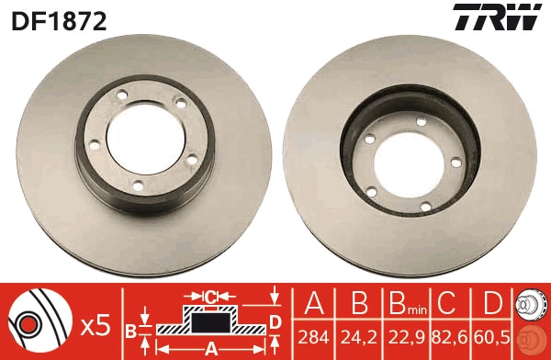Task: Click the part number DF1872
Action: point(59,21)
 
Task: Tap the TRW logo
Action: point(497,17)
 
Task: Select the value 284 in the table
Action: point(313,338)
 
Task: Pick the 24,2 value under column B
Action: point(359,338)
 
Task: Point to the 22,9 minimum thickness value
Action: point(406,338)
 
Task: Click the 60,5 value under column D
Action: point(491,338)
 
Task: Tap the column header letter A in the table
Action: point(314,303)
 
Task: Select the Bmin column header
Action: point(407,303)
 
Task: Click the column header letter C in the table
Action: point(447,303)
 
